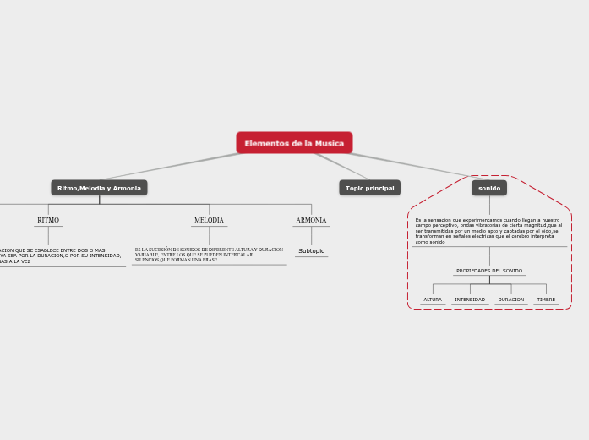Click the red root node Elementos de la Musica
click(294, 143)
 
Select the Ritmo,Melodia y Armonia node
click(99, 188)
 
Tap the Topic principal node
click(369, 188)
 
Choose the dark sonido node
click(489, 188)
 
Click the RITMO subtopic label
click(48, 221)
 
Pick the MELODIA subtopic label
click(209, 221)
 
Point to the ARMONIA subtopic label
click(311, 221)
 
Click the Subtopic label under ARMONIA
click(311, 251)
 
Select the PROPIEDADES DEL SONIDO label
click(489, 271)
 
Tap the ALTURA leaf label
click(433, 300)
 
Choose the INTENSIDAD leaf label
click(470, 300)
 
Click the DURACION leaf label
click(510, 300)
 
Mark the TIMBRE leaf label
click(546, 300)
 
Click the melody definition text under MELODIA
click(208, 255)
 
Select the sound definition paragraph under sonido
click(488, 231)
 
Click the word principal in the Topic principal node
click(379, 188)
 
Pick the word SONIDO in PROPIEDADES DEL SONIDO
click(512, 271)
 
